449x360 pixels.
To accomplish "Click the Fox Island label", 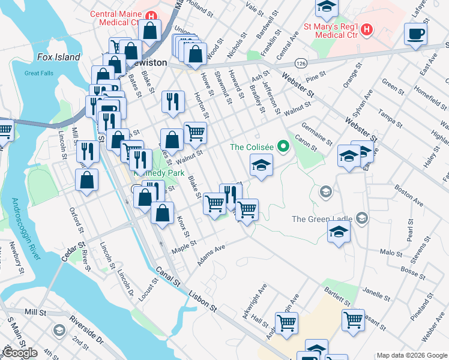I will (58, 57).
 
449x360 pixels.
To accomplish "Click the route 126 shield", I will (301, 62).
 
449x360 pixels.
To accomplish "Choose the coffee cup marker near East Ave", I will (415, 34).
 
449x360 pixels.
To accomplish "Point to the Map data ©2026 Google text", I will (412, 355).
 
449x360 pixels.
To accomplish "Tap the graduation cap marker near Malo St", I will (339, 232).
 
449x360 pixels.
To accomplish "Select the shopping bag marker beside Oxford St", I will (87, 180).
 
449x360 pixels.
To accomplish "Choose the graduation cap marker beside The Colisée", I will (261, 165).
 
